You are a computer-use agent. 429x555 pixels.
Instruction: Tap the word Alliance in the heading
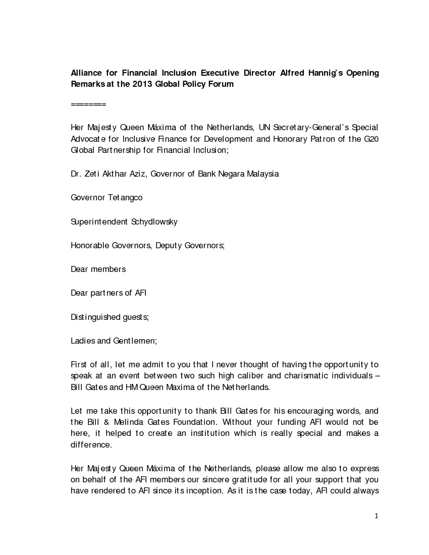tap(87, 73)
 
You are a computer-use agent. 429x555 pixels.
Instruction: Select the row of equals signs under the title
tap(88, 105)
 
